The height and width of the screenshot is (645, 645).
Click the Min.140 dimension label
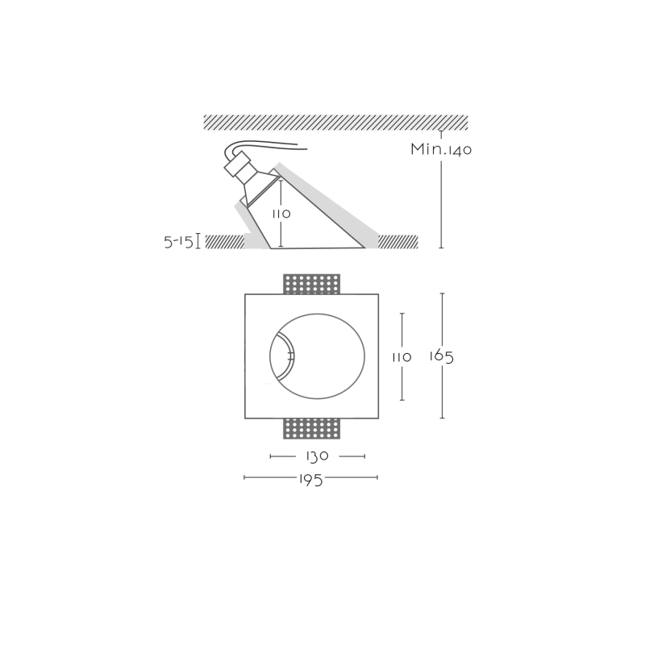441,149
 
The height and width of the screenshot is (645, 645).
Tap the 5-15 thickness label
178,242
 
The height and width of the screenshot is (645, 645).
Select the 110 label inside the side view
281,214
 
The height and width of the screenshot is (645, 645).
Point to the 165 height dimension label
441,356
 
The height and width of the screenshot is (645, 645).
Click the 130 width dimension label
317,456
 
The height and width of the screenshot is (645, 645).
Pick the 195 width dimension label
310,479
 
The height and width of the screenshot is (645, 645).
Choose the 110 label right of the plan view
402,357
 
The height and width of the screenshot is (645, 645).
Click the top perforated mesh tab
312,285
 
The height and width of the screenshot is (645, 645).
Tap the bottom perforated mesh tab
312,429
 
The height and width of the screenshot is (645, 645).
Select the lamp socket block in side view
239,164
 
